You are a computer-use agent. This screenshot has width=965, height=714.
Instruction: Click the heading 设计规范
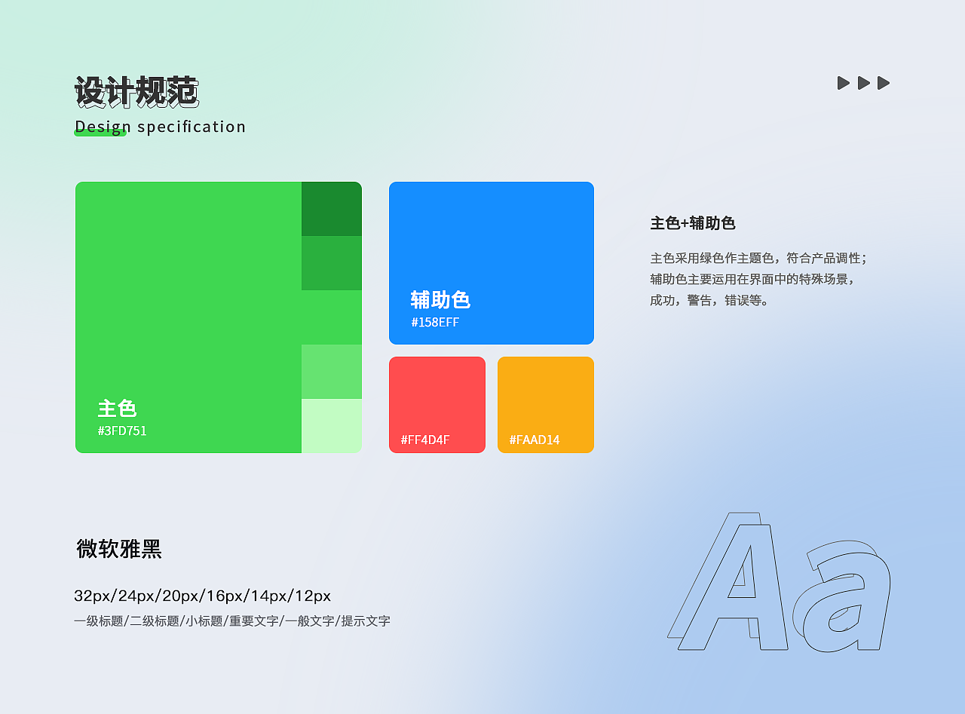pos(136,92)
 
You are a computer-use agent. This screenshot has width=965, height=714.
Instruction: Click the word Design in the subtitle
pos(103,127)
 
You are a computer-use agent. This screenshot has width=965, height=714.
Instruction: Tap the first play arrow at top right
pos(844,83)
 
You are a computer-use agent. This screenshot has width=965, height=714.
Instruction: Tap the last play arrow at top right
pos(884,83)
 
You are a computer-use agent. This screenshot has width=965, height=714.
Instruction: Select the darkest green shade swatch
pos(332,209)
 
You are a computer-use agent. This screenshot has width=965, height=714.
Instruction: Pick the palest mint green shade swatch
pos(332,426)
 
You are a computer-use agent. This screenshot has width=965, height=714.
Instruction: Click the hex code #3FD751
pos(122,431)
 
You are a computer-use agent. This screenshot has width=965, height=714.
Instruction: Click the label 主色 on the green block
pos(117,409)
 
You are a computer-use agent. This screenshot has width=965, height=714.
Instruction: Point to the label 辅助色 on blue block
pos(440,300)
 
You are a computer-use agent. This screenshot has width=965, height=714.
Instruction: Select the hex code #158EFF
pos(435,323)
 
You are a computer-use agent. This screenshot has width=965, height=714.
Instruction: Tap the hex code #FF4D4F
pos(425,440)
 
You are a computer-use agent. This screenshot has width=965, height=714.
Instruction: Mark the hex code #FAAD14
pos(535,440)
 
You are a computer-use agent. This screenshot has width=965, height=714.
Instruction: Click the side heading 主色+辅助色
pos(692,223)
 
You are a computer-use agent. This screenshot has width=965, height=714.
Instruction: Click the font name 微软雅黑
pos(119,549)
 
